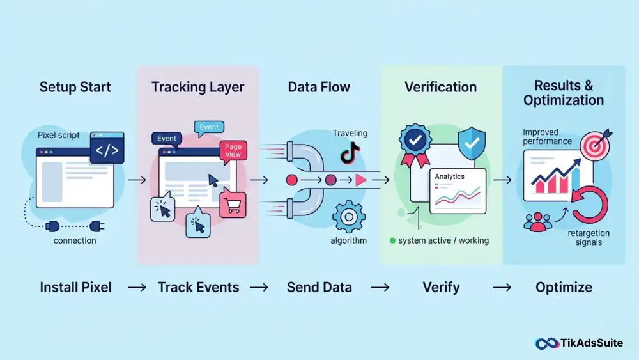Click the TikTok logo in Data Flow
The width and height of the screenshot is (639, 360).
350,153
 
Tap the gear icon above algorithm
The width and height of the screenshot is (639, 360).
348,217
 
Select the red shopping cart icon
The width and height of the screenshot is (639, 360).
233,204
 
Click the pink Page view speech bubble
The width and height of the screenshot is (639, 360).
233,152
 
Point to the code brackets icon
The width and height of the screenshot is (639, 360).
107,148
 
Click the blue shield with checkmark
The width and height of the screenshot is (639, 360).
472,143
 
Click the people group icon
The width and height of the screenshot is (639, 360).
537,222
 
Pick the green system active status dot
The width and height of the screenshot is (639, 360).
392,240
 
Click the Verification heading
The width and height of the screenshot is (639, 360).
440,87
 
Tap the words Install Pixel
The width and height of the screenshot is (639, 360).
76,287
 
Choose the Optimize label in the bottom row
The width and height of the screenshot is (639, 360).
564,287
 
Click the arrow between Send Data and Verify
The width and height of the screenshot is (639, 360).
380,288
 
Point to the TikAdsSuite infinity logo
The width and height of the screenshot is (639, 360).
546,343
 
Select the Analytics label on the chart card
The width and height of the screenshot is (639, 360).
449,176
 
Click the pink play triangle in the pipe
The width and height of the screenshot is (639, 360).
360,180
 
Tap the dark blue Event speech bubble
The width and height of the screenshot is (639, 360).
167,139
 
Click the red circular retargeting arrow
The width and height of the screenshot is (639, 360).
590,205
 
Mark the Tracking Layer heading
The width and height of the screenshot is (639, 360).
197,87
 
